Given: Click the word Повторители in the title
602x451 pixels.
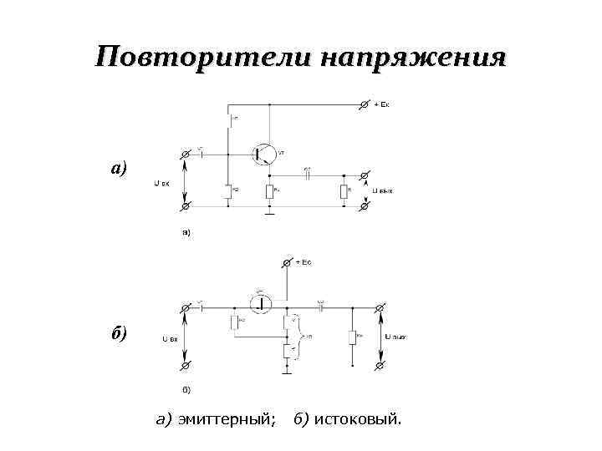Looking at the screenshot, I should pos(200,58).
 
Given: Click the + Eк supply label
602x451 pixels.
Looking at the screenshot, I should pos(380,104).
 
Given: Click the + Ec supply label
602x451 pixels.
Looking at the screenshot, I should pos(303,263).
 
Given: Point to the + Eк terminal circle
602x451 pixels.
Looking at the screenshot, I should pos(363,104).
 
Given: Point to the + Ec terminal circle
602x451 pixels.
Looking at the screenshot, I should pos(287,263).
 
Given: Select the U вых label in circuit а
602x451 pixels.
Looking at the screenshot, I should pos(382,190).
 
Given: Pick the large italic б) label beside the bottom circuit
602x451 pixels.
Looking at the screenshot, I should pos(119,334).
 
